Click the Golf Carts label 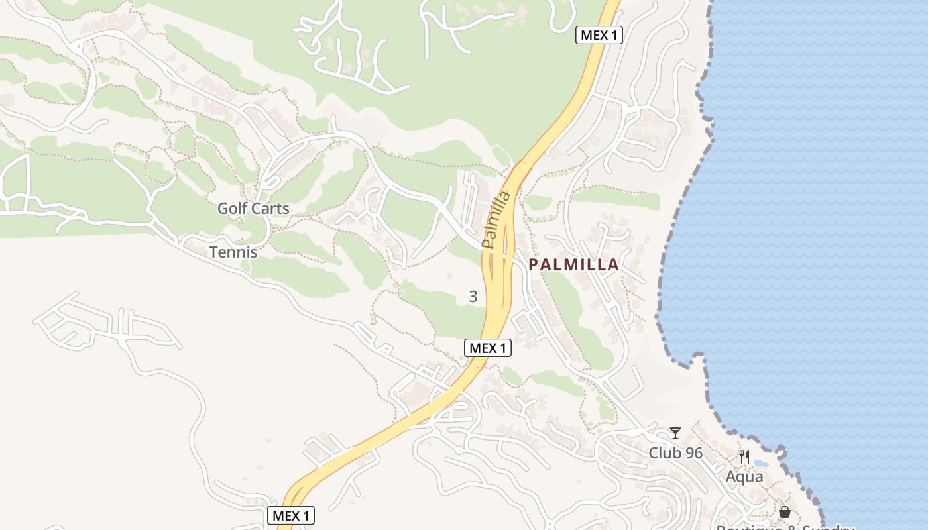(x=253, y=209)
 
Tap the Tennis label (x=233, y=252)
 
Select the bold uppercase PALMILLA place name (x=574, y=265)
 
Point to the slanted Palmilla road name (x=497, y=221)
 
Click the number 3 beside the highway (x=473, y=297)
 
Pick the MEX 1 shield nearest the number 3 (x=488, y=348)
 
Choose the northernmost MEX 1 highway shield (x=599, y=36)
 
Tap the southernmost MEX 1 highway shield (x=291, y=515)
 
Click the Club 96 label (x=675, y=453)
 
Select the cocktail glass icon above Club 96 (x=675, y=433)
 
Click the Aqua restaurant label (x=744, y=476)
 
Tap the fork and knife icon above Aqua (x=744, y=456)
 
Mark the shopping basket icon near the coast (x=785, y=512)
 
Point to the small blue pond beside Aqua (x=761, y=464)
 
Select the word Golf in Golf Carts (x=232, y=209)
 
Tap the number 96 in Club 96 (x=694, y=453)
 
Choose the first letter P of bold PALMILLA (x=533, y=265)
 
